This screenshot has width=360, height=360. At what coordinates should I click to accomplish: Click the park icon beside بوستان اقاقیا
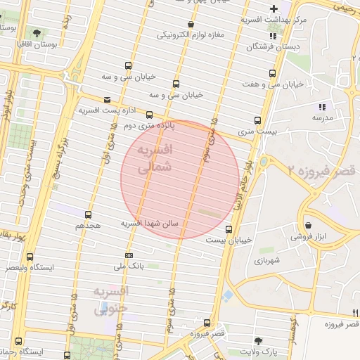pos(37,33)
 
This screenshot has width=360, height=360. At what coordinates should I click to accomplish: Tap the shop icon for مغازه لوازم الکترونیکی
pos(191,22)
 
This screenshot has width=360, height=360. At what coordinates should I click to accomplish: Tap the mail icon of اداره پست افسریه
pos(107,100)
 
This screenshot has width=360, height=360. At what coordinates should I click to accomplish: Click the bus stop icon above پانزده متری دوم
pos(149,115)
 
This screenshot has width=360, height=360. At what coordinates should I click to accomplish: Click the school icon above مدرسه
pos(323,107)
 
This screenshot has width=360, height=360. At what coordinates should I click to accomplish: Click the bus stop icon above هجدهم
pos(88,214)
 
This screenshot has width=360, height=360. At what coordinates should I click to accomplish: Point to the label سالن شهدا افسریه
pos(150,223)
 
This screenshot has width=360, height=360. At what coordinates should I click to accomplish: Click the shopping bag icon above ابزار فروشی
pos(309,226)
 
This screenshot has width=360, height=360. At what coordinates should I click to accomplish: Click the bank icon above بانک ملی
pos(129,255)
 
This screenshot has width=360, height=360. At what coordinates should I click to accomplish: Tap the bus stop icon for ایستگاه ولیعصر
pos(30,257)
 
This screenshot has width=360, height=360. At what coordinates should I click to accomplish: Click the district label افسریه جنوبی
pos(112,299)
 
